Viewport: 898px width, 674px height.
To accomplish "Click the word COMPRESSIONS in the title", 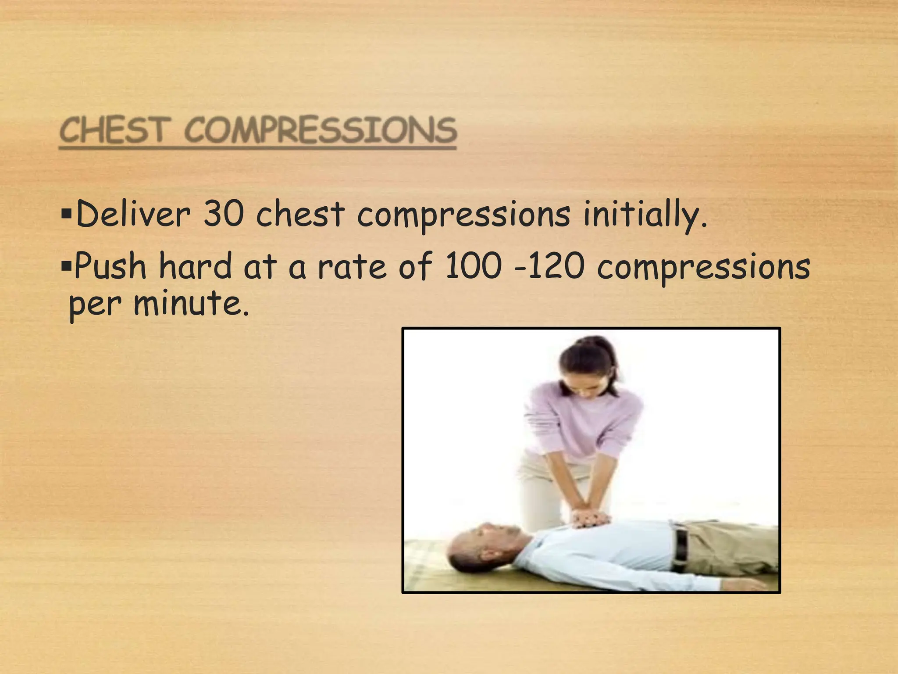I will tap(321, 130).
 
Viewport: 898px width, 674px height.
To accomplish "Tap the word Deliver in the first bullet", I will tap(134, 214).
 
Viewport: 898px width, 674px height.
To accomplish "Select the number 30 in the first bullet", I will tap(224, 214).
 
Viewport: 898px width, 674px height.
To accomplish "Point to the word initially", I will tap(645, 215).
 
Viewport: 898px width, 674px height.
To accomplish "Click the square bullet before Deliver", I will tap(67, 215).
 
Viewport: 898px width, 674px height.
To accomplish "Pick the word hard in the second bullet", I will tap(196, 266).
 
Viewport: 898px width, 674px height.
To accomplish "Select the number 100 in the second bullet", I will tap(473, 266).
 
